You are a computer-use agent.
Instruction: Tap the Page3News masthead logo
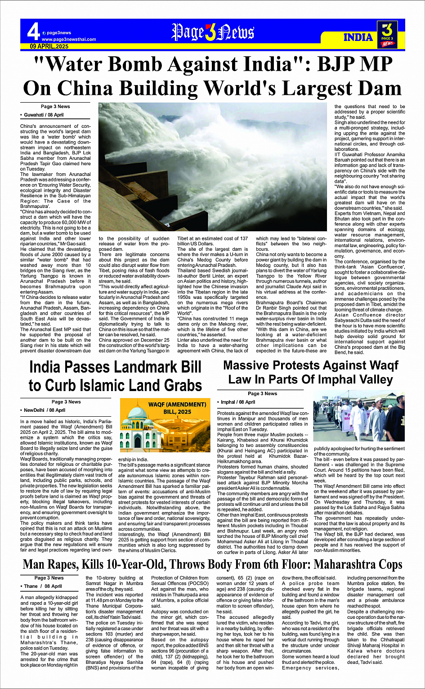click(x=212, y=32)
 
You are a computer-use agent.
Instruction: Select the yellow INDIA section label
click(x=358, y=37)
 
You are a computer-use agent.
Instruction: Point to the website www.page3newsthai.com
click(x=69, y=40)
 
